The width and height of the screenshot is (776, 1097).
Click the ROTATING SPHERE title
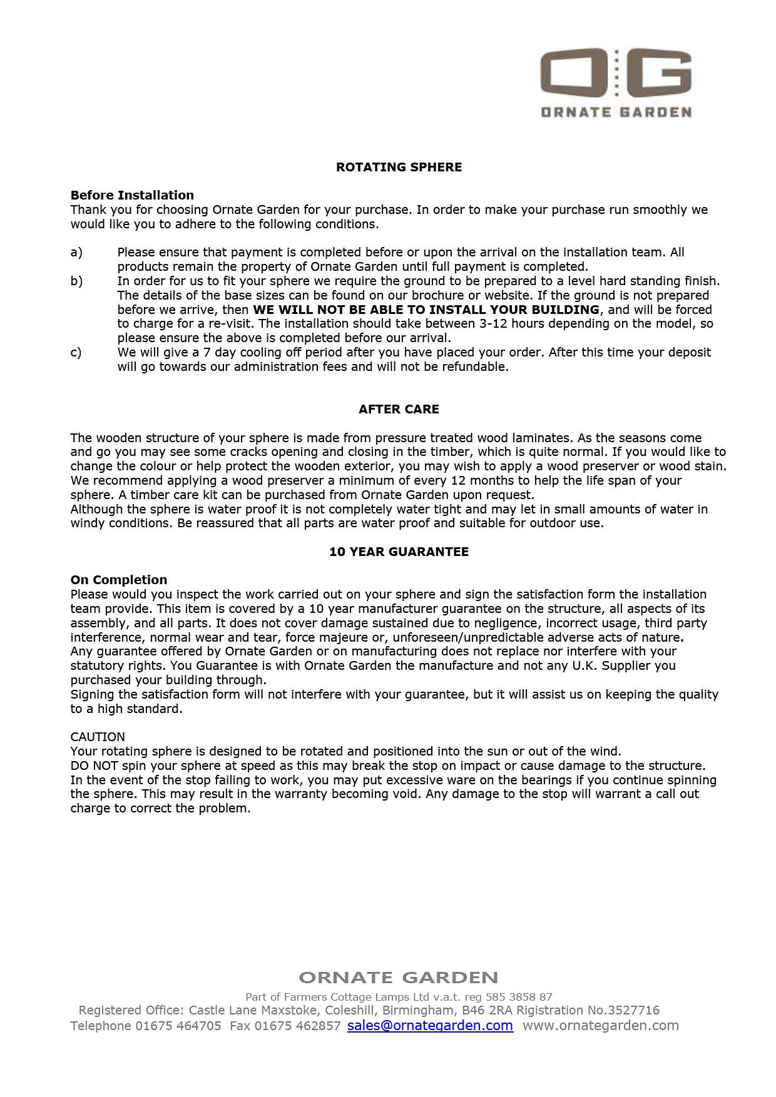click(399, 167)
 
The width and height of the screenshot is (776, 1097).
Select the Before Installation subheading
click(132, 195)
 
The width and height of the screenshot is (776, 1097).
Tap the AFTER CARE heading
click(399, 409)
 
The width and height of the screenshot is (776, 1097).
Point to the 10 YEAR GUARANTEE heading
click(399, 552)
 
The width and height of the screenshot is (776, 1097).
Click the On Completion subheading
click(119, 580)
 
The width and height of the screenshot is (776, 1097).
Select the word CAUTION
click(98, 737)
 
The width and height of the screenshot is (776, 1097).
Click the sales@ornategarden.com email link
click(430, 1026)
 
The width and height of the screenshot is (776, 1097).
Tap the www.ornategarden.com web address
click(601, 1026)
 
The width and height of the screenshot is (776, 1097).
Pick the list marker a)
click(76, 252)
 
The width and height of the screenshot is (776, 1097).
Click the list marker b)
click(76, 281)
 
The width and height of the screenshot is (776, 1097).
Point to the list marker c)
click(76, 352)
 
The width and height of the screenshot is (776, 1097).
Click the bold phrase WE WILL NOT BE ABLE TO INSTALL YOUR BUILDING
click(426, 310)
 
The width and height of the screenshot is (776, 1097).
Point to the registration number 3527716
click(633, 1010)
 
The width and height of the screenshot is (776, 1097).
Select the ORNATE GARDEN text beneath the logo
click(616, 113)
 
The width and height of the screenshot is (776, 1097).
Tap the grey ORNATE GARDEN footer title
click(399, 978)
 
